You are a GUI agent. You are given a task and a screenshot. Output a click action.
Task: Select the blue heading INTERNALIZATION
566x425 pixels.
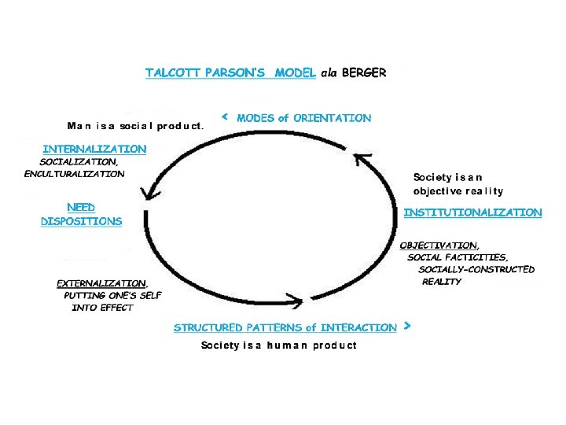[x=94, y=148]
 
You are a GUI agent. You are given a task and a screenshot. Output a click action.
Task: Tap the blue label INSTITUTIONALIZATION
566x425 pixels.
[x=472, y=213]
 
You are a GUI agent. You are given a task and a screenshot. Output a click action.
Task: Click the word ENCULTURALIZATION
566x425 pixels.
[x=74, y=173]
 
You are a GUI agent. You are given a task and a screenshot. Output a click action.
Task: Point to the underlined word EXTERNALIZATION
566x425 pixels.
[x=101, y=283]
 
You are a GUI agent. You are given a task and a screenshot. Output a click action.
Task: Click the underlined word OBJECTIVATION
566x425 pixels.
[x=438, y=246]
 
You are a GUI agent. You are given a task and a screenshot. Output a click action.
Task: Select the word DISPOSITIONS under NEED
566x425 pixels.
[x=82, y=221]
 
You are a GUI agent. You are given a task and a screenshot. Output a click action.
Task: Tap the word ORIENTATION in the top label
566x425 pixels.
[x=332, y=118]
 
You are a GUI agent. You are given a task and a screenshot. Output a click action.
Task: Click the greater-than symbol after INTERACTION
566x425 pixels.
[x=406, y=324]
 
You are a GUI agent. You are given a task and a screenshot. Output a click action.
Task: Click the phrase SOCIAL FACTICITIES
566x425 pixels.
[x=458, y=257]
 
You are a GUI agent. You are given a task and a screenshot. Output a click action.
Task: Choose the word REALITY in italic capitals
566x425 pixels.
[x=441, y=281]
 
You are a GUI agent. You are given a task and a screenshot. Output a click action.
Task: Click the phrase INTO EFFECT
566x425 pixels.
[x=102, y=307]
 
